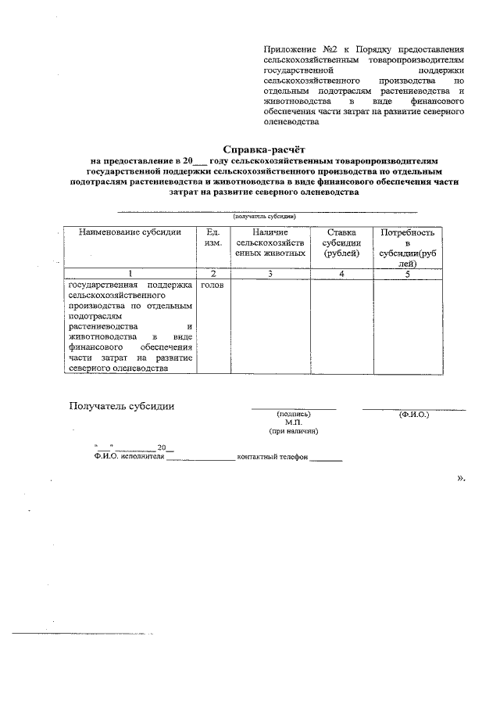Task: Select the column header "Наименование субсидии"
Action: (129, 232)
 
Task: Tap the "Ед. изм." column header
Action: (213, 238)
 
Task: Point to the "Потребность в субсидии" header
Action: (407, 248)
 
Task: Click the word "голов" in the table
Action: (212, 286)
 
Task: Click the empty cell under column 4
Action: (341, 325)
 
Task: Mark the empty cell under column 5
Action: (407, 325)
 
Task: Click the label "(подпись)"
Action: (294, 414)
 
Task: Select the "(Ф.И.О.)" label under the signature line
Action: (413, 414)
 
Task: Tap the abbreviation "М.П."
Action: (294, 422)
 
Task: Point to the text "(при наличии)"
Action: (294, 431)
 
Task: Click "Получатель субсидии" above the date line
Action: (122, 405)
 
